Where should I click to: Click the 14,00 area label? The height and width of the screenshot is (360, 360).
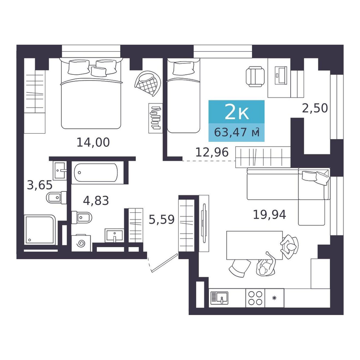pos(93,143)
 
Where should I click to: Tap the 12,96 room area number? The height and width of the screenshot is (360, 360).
pos(212,152)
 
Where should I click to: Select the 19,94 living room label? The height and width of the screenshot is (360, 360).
pos(269,215)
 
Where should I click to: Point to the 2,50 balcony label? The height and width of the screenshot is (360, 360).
pos(315,108)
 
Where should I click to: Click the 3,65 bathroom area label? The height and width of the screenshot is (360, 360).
pos(40,185)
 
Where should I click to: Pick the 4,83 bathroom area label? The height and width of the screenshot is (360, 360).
pos(96,201)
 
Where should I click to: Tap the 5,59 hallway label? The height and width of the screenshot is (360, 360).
pos(162,220)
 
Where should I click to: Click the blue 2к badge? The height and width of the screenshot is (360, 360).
pos(237,112)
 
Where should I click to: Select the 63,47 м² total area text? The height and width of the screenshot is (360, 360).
pos(237,132)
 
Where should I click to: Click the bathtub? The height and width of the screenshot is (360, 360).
pos(95,173)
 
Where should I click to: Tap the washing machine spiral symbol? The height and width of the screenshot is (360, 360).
pos(81,243)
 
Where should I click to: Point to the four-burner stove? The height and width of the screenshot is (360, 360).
pos(255,298)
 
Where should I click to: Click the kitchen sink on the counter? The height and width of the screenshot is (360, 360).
pos(219,298)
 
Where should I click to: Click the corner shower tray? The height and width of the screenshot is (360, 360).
pos(40,230)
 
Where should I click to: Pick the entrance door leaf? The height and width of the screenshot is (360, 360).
pos(165,263)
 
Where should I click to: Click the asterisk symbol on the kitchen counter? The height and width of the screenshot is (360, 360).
pos(274,298)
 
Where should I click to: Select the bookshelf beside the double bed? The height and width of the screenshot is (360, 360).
pos(155,118)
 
